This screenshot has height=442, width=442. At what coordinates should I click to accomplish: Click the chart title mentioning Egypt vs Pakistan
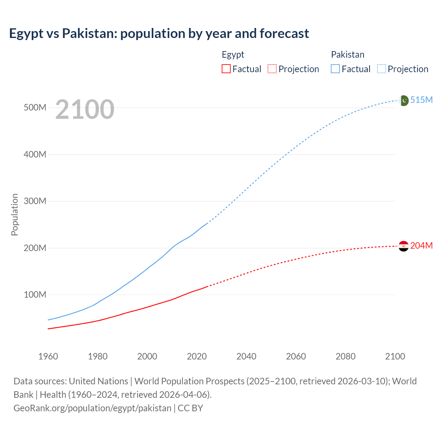pos(159,33)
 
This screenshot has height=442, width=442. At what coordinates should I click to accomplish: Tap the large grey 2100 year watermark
pos(85,109)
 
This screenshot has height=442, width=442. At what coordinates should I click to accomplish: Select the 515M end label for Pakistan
pos(421,100)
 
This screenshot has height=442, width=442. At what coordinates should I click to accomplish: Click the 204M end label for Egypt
pos(421,246)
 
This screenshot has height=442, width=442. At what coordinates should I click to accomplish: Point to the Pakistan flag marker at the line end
pos(404,100)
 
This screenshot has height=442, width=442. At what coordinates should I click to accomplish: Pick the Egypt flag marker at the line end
pos(404,246)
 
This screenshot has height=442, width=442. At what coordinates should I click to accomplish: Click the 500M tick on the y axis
pos(35,108)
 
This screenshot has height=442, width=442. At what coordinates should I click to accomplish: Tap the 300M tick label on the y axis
pos(35,201)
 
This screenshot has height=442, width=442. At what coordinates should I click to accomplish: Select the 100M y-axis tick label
pos(35,295)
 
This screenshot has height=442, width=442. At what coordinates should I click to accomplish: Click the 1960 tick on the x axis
pos(48,356)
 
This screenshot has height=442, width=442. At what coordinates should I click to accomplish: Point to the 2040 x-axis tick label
pos(246,356)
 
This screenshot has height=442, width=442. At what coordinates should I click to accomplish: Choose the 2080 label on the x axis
pos(345,356)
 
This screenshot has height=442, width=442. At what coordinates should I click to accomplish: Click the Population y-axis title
pos(15,214)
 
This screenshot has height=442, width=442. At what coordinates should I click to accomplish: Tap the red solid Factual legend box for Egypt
pos(226,69)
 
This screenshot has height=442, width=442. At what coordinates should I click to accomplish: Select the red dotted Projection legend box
pos(272,69)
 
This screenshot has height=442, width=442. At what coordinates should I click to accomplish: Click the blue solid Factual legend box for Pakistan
pos(335,69)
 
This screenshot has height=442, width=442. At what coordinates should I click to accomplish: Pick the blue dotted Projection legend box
pos(381,69)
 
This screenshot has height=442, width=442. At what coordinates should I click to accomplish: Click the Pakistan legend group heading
pos(347,55)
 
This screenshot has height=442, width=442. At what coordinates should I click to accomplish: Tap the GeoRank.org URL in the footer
pos(92,408)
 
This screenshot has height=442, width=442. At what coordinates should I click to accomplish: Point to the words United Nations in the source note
pos(98,381)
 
